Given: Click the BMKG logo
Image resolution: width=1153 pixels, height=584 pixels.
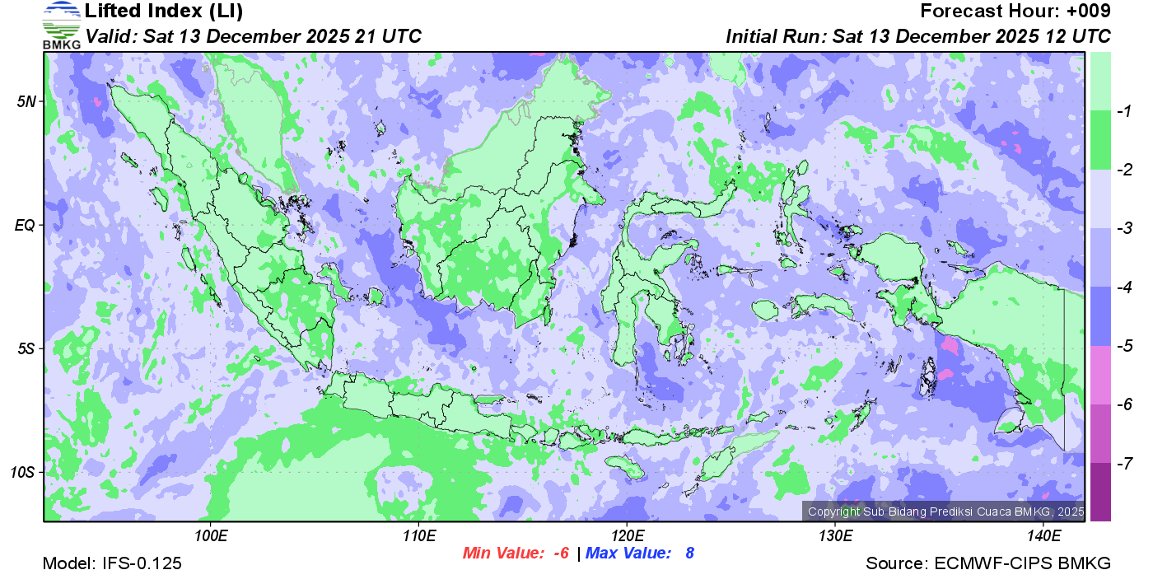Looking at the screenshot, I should (x=62, y=26).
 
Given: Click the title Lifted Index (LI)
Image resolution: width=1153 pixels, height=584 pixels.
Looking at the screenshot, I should (x=164, y=12).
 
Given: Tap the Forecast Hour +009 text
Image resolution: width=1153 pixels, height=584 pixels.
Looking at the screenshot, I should (x=1015, y=12).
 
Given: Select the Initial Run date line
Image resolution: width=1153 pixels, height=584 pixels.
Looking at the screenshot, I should (x=917, y=36).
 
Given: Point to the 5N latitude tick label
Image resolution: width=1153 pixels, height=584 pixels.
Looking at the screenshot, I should (x=27, y=101).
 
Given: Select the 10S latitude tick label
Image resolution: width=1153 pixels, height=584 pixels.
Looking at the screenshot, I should (x=24, y=472).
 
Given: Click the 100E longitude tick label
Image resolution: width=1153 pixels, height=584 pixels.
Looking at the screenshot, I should (x=211, y=536).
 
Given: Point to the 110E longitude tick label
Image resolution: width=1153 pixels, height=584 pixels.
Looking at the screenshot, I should (x=418, y=536).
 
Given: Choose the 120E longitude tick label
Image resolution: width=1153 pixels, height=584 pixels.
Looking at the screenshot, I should (x=627, y=536).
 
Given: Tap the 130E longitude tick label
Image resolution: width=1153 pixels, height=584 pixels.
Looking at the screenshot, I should (x=834, y=536).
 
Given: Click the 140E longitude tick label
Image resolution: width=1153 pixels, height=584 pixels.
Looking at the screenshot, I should (x=1043, y=536).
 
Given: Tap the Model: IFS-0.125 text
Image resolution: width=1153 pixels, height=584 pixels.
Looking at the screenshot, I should (x=112, y=563).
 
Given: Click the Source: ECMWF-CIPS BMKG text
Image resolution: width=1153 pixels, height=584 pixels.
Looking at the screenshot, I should (x=988, y=563).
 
